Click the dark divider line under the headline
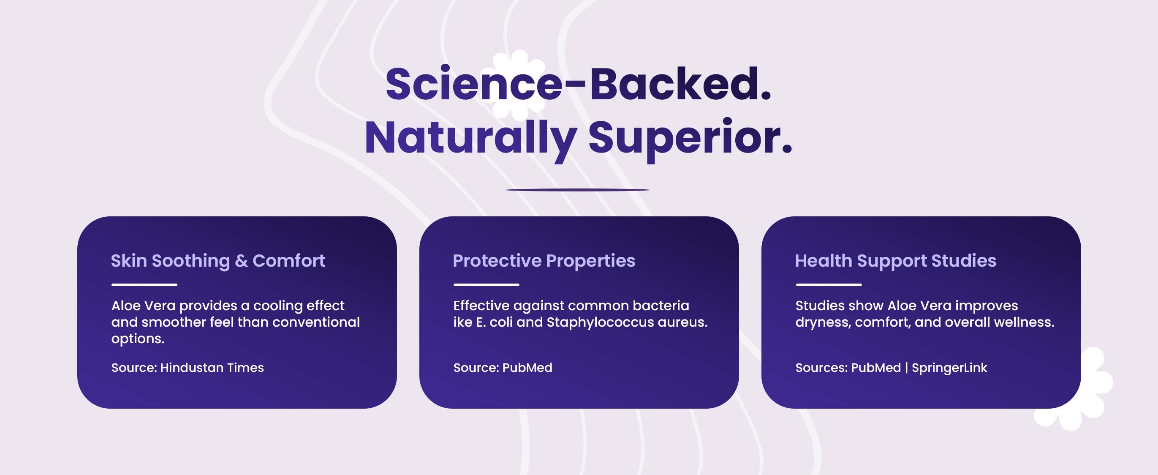[578, 190]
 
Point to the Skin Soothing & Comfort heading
[218, 261]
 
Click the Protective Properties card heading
[544, 261]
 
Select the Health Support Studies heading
[895, 261]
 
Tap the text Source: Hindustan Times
[188, 368]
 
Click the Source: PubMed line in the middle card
[503, 368]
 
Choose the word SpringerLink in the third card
[949, 368]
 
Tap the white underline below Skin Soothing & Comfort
[144, 285]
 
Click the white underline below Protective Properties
[487, 285]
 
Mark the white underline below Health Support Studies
[829, 285]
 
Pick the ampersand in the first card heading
[241, 261]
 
